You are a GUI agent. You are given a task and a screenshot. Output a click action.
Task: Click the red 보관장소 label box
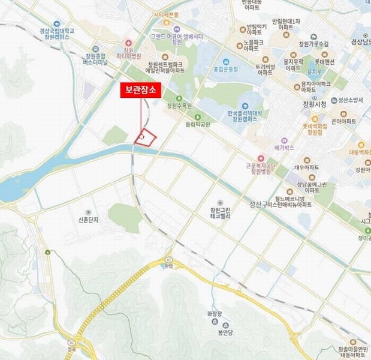(x=140, y=90)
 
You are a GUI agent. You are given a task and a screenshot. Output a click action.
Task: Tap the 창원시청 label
(x=315, y=104)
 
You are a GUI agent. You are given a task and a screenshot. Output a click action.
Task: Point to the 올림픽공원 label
(x=198, y=125)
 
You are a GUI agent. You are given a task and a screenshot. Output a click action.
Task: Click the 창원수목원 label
(x=179, y=106)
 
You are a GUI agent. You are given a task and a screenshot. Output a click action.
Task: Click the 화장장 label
(x=215, y=313)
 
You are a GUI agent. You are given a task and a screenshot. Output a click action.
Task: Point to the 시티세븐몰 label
(x=166, y=14)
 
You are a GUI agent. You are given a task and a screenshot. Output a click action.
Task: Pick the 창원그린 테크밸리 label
(x=220, y=214)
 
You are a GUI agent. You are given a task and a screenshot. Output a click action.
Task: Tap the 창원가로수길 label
(x=313, y=44)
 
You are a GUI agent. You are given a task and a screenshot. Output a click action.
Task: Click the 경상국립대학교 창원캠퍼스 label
(x=58, y=34)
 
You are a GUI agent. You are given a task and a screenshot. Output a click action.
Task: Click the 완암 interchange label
(x=168, y=266)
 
